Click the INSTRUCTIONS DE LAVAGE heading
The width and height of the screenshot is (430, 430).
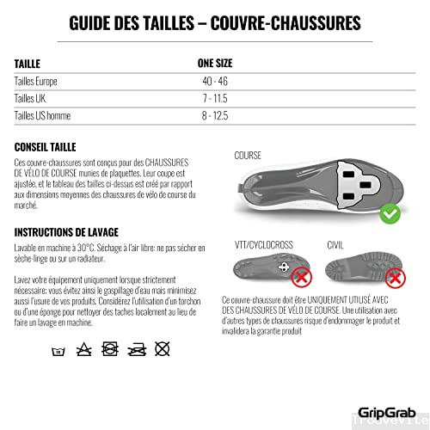[x=66, y=231]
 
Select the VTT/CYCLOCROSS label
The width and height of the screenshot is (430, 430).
[x=267, y=244]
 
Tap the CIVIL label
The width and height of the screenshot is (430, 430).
[x=336, y=244]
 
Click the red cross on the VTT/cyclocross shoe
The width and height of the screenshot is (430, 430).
[x=301, y=277]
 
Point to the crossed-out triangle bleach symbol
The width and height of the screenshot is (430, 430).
[x=83, y=350]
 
